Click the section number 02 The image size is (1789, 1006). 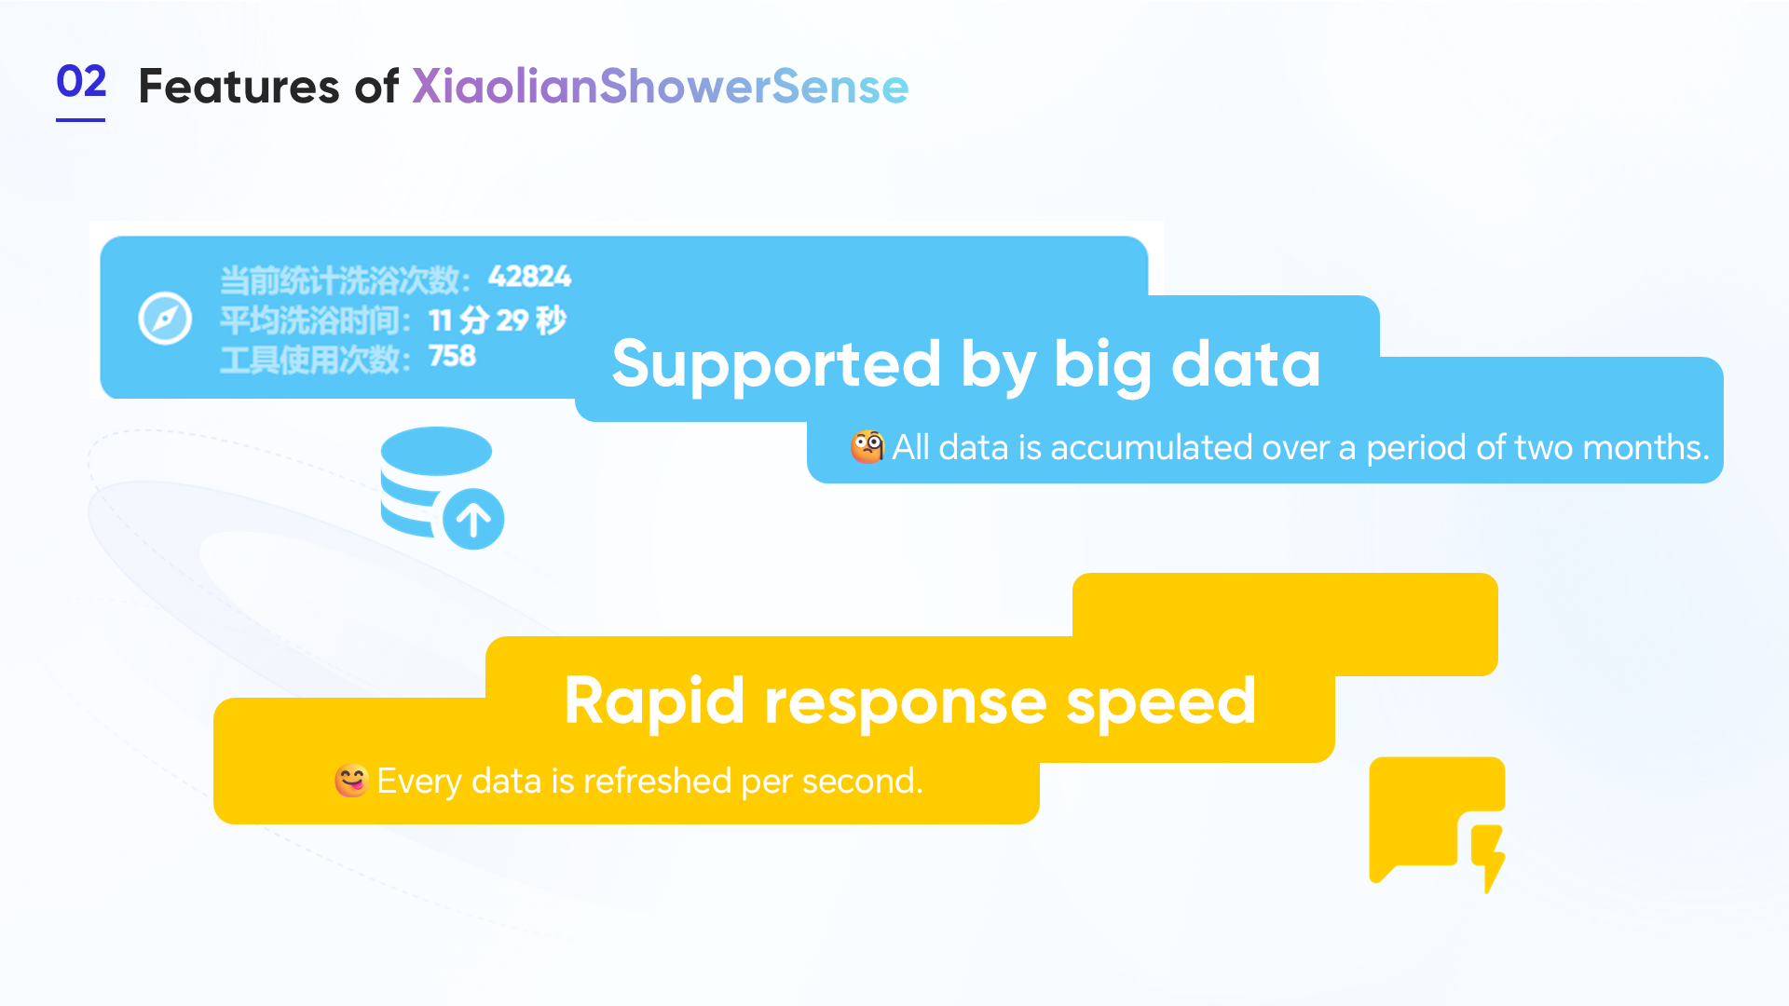click(x=81, y=82)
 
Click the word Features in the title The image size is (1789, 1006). click(x=239, y=87)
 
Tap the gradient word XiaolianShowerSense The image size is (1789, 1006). click(x=660, y=87)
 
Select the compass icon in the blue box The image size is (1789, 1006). click(x=165, y=319)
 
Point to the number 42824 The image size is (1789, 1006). click(x=529, y=277)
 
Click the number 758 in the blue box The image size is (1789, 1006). click(x=452, y=356)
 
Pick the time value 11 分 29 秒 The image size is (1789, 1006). click(x=497, y=319)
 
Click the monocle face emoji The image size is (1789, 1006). click(x=867, y=447)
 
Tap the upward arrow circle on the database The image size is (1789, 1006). click(x=473, y=519)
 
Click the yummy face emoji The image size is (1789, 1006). click(x=351, y=781)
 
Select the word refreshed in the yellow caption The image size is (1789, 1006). click(x=656, y=781)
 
